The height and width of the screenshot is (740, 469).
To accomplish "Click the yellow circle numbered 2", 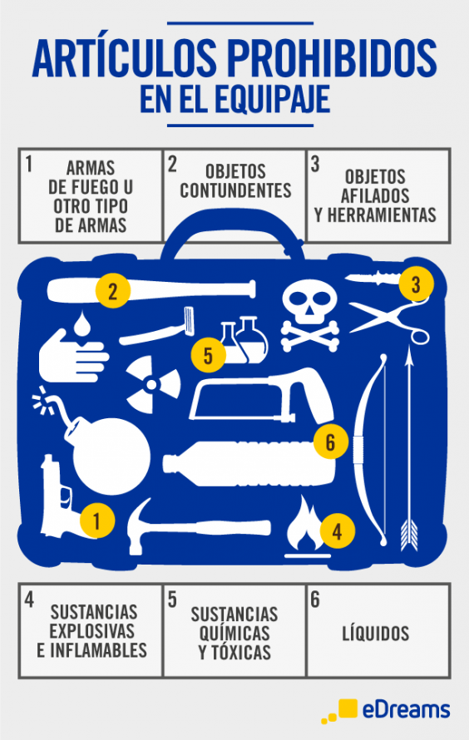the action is tap(113, 291).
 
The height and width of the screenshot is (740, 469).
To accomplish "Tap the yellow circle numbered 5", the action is tap(208, 354).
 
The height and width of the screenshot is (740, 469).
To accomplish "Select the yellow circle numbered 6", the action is tap(330, 442).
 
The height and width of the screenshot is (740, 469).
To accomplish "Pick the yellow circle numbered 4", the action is tap(337, 531).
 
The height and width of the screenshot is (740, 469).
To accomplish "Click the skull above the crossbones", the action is tap(309, 301).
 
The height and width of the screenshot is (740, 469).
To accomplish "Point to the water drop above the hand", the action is tap(82, 323).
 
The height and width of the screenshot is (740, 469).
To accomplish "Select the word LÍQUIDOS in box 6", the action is tap(376, 634).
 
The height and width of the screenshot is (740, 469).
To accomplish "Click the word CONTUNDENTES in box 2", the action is tap(235, 190).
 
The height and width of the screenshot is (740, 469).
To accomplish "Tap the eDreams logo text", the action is tap(406, 710).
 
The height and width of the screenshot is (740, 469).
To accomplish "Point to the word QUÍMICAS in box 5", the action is tap(234, 634).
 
